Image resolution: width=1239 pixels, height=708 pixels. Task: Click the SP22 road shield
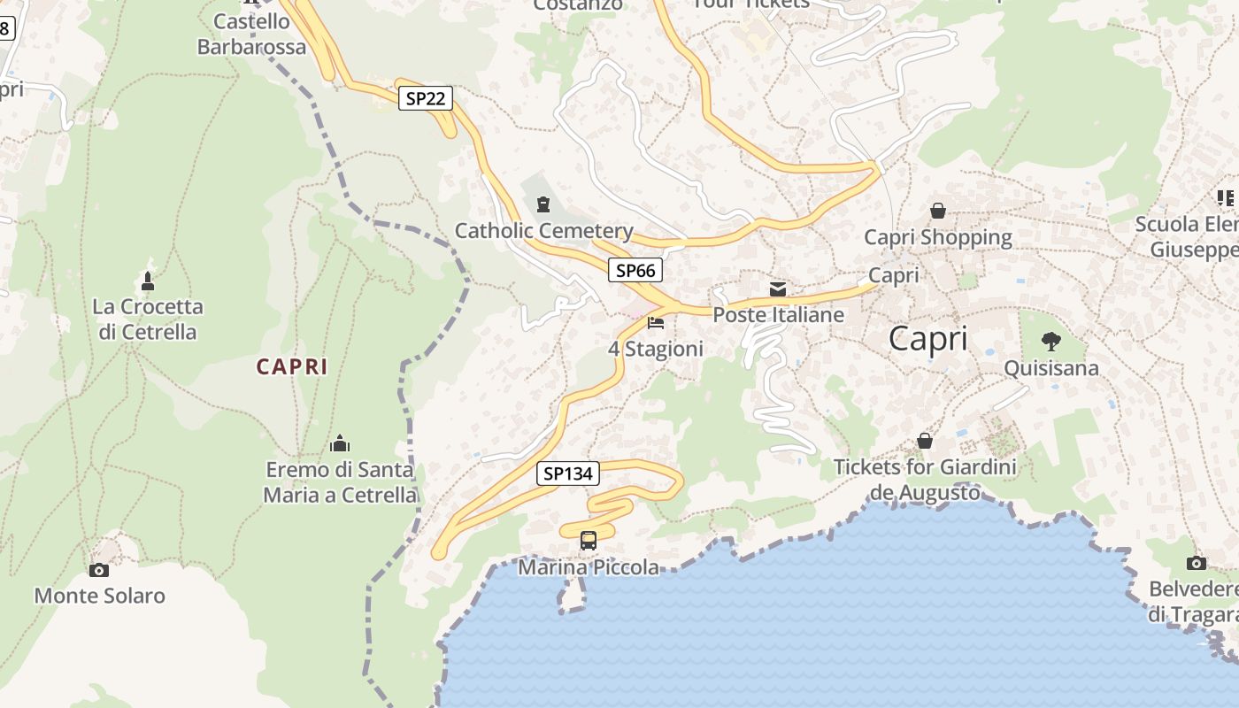click(425, 98)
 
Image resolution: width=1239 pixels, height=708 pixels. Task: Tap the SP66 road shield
click(635, 270)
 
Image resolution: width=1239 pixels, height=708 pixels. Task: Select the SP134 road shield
click(567, 473)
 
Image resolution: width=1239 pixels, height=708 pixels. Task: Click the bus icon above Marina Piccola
click(588, 540)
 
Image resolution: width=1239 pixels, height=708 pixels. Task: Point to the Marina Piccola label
click(589, 567)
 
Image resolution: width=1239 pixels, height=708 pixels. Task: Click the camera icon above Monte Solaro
click(99, 570)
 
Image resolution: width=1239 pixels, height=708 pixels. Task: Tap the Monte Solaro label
click(99, 596)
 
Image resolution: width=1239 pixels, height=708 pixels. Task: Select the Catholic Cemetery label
click(543, 231)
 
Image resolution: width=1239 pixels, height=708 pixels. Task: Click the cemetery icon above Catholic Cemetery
click(543, 204)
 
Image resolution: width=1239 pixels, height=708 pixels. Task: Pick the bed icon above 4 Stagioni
click(656, 323)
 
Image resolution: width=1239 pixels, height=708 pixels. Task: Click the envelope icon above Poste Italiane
click(778, 289)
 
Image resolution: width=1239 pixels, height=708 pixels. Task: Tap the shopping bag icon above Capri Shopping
click(937, 211)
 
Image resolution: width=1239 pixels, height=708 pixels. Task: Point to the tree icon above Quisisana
click(1050, 341)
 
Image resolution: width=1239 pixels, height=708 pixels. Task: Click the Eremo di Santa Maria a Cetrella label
click(340, 481)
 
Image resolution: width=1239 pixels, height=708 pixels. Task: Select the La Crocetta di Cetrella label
click(148, 319)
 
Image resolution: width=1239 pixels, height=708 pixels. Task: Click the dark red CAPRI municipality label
click(292, 366)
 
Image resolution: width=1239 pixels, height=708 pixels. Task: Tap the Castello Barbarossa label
click(251, 34)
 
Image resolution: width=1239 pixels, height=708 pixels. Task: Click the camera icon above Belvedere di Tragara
click(1196, 563)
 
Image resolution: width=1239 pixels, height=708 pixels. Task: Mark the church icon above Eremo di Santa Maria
click(340, 443)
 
